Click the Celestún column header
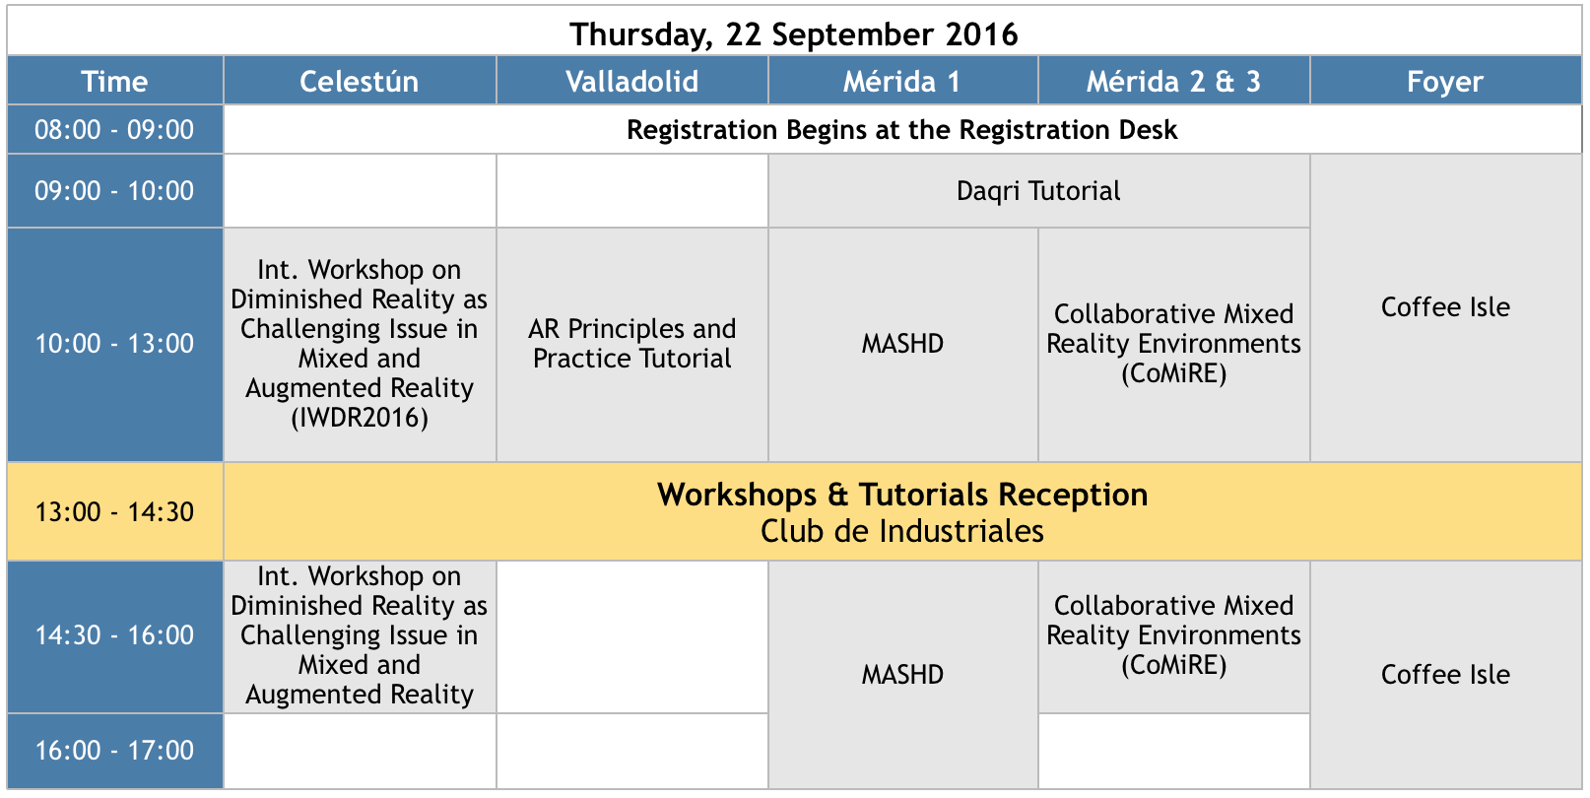360,81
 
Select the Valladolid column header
631,81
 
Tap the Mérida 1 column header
903,81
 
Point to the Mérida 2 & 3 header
1174,81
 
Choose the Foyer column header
1446,81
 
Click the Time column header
115,81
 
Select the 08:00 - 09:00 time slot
115,130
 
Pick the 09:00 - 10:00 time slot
115,191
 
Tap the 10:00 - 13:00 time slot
115,345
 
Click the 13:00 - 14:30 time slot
115,512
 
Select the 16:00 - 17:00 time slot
115,751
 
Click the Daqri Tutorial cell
1038,191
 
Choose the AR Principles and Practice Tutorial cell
631,345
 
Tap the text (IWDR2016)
360,418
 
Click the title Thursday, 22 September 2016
794,34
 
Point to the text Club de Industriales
902,531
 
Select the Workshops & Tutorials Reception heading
902,495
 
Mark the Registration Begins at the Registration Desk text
902,130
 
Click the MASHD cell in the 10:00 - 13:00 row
903,345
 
